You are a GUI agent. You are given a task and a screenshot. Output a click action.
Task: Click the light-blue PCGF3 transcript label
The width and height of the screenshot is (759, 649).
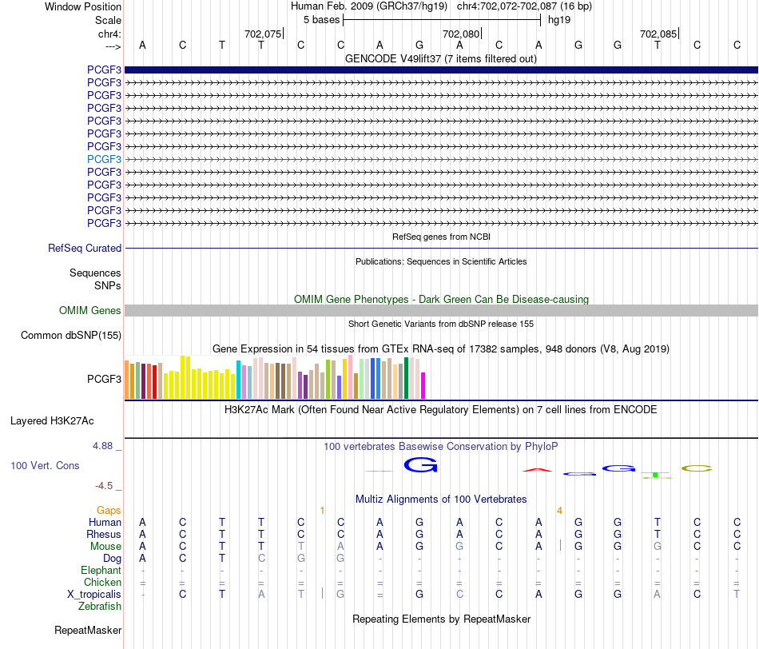point(104,159)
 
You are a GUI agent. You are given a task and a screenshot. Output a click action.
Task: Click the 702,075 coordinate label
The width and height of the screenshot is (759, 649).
point(262,34)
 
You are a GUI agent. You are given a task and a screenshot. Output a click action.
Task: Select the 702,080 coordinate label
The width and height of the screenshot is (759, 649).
point(461,34)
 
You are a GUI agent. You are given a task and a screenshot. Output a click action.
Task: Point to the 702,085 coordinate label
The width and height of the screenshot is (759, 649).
point(658,34)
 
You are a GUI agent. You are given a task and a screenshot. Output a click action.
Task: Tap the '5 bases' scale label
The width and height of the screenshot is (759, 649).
point(321,20)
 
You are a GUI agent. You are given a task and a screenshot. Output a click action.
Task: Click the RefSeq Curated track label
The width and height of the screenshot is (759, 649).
point(85,248)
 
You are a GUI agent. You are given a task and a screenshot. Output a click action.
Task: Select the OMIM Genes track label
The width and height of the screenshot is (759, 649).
point(90,310)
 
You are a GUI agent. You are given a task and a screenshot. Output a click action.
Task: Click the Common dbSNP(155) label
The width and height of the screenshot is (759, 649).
point(71,335)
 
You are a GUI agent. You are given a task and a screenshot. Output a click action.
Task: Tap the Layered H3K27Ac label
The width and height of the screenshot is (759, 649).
point(52,421)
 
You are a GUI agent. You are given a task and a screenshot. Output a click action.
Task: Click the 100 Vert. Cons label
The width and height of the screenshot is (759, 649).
point(45,465)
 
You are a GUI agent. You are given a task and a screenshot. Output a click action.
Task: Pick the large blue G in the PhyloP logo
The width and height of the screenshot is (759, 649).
point(420,465)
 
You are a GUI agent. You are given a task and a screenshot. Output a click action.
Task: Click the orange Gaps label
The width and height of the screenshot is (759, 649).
point(109,510)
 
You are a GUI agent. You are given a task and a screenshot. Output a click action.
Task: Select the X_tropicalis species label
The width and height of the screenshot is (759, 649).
point(94,595)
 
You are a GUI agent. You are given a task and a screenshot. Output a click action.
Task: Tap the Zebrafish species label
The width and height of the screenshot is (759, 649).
point(100,607)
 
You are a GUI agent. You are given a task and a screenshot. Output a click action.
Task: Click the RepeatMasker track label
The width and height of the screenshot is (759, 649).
point(88,630)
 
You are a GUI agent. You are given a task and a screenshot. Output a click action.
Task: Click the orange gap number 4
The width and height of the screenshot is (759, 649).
point(559,511)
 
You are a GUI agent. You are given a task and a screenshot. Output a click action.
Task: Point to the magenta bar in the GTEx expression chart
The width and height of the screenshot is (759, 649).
point(423,385)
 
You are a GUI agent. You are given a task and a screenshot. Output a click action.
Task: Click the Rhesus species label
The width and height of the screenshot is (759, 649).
point(104,534)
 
